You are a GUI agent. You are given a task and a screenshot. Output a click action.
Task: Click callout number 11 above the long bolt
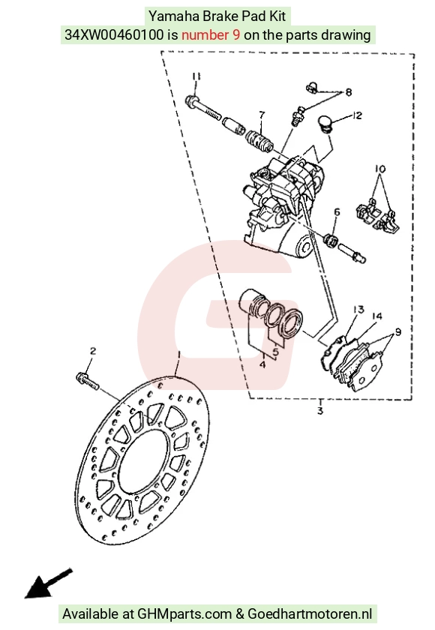point(196,76)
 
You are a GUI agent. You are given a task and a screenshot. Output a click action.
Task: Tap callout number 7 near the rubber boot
point(262,115)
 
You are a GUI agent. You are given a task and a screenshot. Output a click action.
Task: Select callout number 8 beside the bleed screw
point(348,92)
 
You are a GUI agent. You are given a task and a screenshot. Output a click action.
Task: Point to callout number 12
point(357,115)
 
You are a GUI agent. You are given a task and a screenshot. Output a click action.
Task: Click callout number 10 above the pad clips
point(380,169)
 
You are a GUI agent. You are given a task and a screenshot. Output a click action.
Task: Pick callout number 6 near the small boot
point(337,211)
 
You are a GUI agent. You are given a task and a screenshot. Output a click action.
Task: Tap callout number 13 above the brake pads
point(358,309)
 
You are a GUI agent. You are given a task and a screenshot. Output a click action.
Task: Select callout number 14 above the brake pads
point(376,316)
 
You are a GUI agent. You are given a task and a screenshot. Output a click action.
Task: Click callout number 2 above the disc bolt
point(93,351)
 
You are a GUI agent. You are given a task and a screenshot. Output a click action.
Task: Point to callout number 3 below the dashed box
point(320,411)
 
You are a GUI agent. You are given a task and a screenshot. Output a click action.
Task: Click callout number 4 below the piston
point(262,364)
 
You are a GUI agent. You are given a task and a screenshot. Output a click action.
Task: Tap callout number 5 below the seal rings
point(275,352)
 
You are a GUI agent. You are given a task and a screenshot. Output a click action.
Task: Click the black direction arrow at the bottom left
point(48,583)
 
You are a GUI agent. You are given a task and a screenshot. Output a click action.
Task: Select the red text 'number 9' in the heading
point(211,35)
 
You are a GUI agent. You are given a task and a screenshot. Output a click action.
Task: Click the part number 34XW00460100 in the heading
point(114,35)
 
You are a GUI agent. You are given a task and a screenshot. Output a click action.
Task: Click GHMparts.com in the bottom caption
point(184,613)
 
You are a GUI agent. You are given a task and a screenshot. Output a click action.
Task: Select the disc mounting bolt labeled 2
point(86,380)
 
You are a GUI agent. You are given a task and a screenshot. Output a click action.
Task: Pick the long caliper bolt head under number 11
point(191,100)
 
